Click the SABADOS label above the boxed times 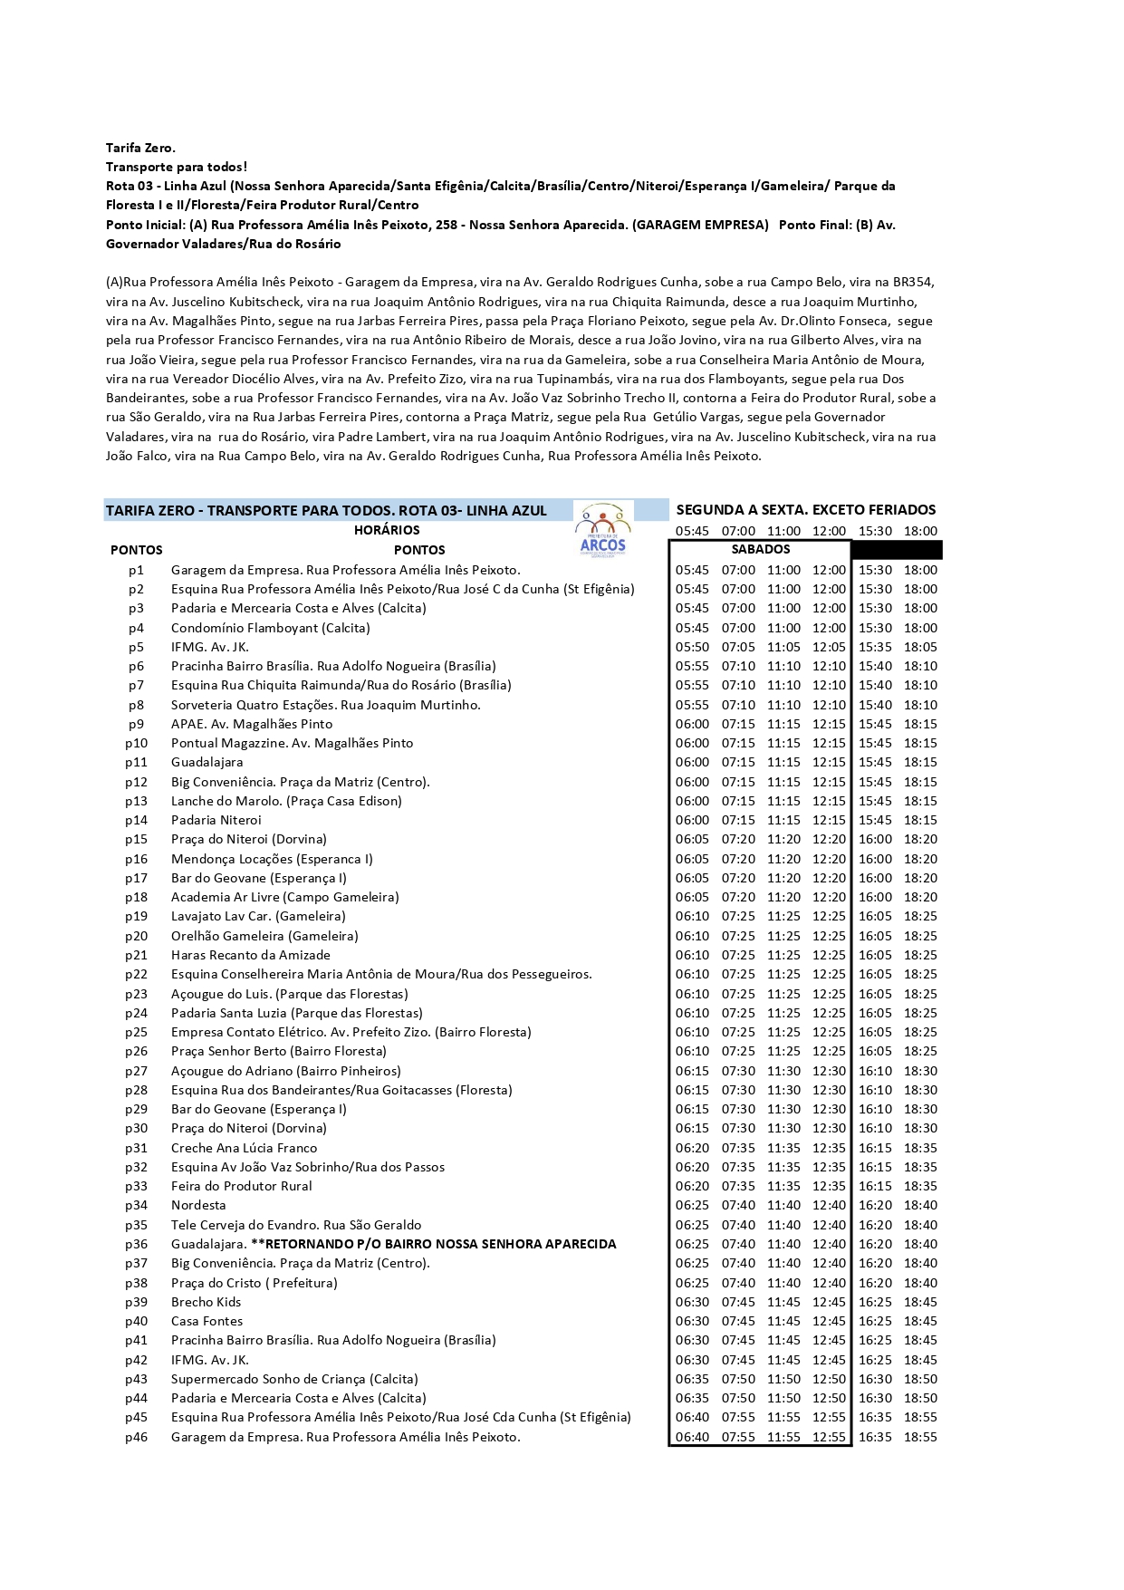tap(760, 549)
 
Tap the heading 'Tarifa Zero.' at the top tap(140, 148)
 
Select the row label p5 tap(136, 647)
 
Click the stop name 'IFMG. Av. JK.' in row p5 tap(210, 647)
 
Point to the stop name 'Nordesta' tap(198, 1205)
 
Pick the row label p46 tap(136, 1437)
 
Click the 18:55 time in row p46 tap(920, 1437)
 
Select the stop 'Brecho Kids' tap(206, 1302)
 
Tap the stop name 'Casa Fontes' tap(207, 1321)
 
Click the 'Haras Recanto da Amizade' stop tap(250, 955)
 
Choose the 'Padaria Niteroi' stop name tap(216, 820)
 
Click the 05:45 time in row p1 tap(692, 570)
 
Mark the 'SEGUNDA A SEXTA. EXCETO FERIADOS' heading tap(806, 510)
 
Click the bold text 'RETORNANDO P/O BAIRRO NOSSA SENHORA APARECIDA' tap(439, 1244)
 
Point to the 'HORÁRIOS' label tap(387, 530)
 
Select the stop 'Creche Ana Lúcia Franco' tap(244, 1148)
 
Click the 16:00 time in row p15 tap(875, 839)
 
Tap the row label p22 tap(136, 974)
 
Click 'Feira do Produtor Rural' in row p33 tap(241, 1186)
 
